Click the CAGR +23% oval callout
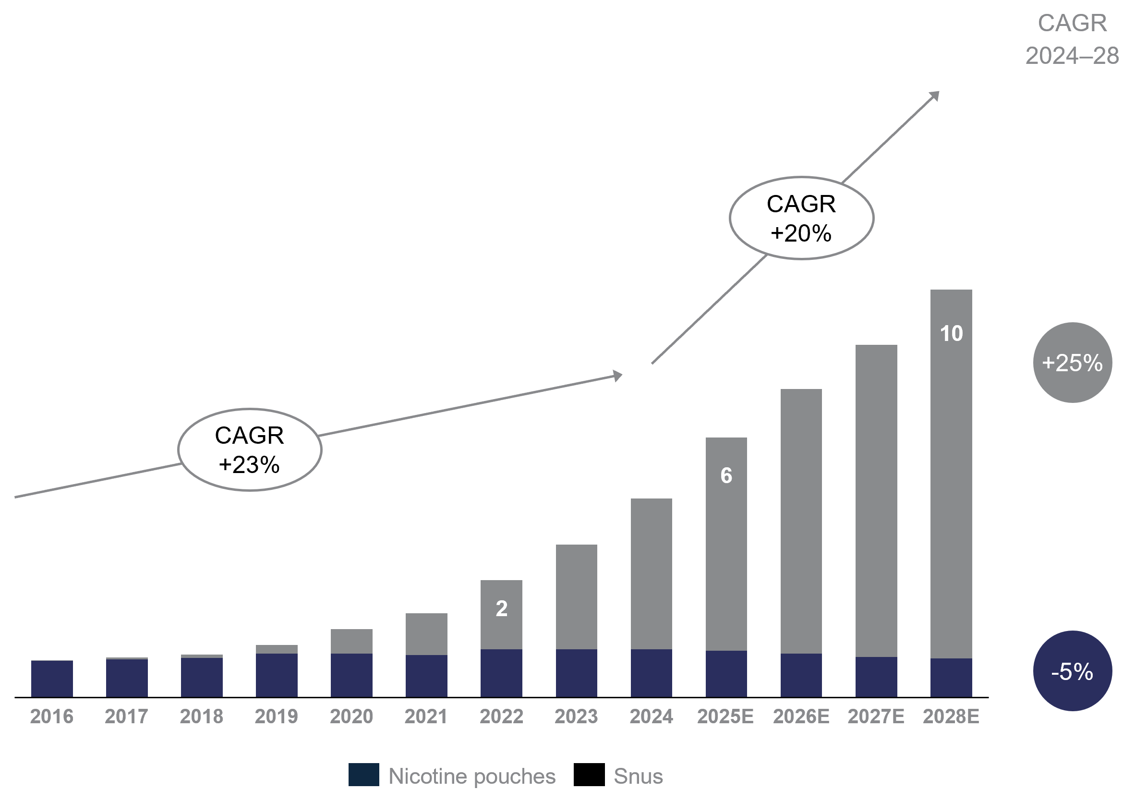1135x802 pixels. click(250, 450)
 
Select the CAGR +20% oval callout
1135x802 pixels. click(801, 218)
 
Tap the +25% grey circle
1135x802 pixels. click(1072, 363)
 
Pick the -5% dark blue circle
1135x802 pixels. click(1072, 671)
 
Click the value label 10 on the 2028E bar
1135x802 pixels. click(951, 333)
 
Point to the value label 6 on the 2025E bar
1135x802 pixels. click(725, 475)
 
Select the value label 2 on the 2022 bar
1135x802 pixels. click(501, 608)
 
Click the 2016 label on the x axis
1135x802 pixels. click(51, 716)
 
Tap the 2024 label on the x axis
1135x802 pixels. click(651, 716)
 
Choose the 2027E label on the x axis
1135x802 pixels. click(876, 716)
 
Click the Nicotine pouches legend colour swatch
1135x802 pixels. click(363, 774)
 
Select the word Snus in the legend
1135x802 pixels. click(638, 776)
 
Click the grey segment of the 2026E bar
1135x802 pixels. click(801, 519)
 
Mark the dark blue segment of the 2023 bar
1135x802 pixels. click(576, 672)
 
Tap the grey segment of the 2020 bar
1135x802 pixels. click(351, 641)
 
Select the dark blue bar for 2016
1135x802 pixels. click(52, 679)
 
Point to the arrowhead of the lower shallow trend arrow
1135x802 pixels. click(617, 375)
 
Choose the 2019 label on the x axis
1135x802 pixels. click(277, 716)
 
